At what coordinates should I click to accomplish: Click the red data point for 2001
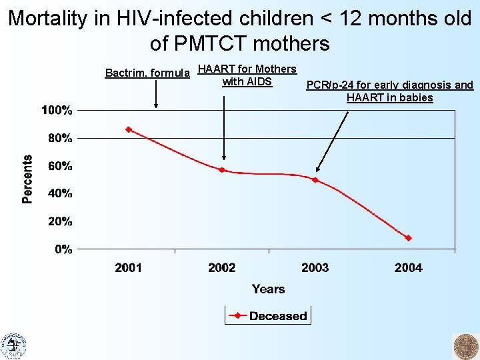point(129,129)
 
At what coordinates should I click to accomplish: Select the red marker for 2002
point(222,169)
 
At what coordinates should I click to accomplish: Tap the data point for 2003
point(315,180)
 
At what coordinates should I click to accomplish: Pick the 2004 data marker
point(409,238)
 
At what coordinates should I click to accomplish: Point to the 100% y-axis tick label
point(57,110)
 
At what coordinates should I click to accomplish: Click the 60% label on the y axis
point(60,166)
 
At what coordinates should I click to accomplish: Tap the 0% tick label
point(64,249)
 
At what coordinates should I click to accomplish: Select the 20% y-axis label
point(60,221)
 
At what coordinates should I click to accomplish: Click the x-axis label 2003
point(315,268)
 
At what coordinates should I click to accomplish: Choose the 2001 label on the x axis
point(129,268)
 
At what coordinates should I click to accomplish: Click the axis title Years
point(269,289)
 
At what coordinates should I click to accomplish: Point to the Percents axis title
point(27,179)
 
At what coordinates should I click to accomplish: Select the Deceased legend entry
point(268,315)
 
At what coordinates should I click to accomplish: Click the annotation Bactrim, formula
point(147,73)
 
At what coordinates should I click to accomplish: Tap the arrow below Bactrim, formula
point(156,94)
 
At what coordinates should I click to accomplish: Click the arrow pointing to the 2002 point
point(224,128)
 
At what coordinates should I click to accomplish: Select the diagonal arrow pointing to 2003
point(332,142)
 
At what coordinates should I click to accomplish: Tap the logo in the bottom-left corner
point(13,346)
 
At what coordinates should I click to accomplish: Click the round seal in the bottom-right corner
point(466,347)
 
